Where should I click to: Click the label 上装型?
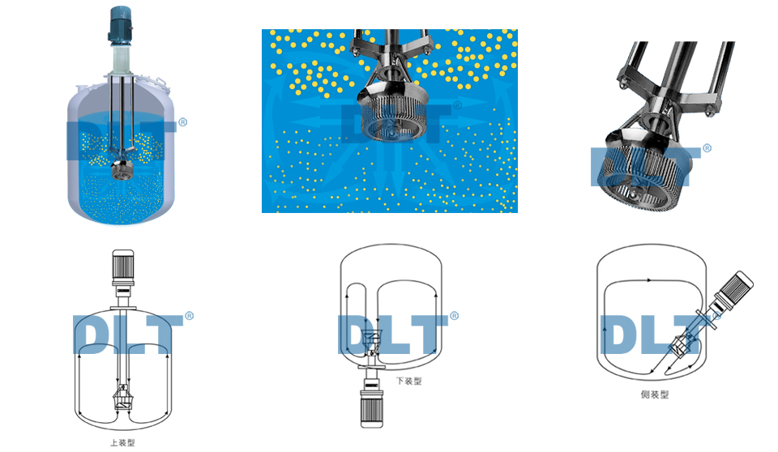pos(122,442)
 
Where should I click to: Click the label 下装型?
pos(408,381)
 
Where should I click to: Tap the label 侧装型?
pos(655,394)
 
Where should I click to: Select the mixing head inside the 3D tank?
pos(121,168)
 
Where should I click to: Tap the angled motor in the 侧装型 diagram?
pos(734,290)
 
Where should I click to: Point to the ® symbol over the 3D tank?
pos(182,122)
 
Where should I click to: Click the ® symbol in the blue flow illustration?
pos(457,104)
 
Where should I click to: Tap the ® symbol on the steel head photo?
pos(707,148)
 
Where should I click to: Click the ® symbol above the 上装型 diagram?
pos(189,316)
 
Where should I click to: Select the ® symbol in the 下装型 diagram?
pos(454,316)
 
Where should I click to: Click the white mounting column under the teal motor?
pos(121,58)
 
